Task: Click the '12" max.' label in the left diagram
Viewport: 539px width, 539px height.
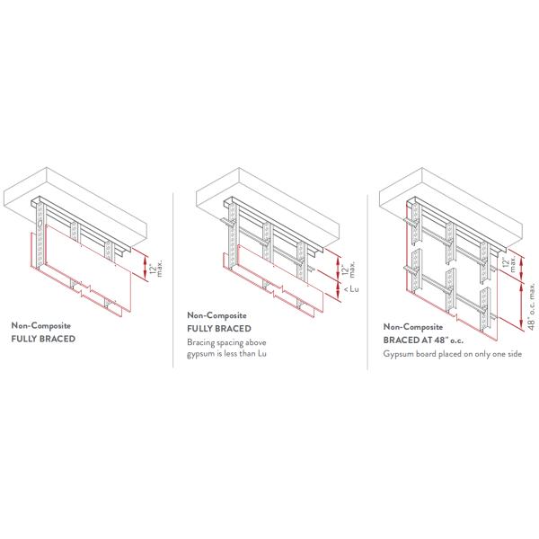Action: point(155,269)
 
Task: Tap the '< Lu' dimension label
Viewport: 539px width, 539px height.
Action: point(351,289)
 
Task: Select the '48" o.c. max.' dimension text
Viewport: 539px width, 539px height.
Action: point(532,306)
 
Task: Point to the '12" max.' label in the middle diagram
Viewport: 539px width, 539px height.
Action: point(349,269)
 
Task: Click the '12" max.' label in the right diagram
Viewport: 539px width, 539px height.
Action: point(508,264)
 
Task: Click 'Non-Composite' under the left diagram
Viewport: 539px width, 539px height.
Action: point(41,325)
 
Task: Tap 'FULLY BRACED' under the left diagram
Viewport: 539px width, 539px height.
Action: point(43,339)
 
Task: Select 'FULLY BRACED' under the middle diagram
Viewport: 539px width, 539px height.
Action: point(219,329)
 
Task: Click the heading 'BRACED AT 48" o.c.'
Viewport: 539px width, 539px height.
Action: point(423,340)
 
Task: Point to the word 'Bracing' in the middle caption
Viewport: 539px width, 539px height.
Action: point(201,343)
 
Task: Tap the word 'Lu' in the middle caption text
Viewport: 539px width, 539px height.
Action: point(262,353)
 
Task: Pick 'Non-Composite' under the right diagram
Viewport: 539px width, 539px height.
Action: point(413,327)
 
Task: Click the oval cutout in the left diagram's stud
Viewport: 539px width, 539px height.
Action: point(40,224)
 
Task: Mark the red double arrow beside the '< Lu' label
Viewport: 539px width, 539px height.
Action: point(339,290)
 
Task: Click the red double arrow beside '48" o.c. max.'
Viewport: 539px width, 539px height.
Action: point(521,306)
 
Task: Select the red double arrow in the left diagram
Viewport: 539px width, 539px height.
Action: point(146,268)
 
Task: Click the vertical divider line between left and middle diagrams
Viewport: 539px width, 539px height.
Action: point(172,280)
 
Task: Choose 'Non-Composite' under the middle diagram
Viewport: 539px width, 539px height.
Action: point(216,315)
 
